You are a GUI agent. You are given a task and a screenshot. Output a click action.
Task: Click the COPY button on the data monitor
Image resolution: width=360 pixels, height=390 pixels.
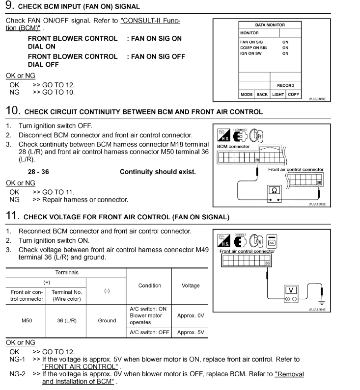(x=294, y=94)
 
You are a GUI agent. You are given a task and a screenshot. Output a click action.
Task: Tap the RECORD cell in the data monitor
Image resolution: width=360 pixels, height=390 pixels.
(x=285, y=85)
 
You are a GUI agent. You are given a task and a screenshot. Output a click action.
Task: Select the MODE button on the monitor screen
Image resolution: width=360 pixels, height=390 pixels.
(x=246, y=94)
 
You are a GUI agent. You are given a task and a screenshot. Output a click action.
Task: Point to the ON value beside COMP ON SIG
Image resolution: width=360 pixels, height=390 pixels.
(x=285, y=48)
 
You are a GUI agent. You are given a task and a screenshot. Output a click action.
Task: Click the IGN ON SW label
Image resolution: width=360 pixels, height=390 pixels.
(x=250, y=53)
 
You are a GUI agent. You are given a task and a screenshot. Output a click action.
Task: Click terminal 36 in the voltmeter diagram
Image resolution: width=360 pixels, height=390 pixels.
(x=267, y=263)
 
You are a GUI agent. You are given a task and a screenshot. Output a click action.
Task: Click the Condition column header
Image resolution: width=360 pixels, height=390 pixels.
(x=149, y=286)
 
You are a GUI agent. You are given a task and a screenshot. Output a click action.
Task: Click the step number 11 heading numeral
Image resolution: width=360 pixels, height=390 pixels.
(x=11, y=215)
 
